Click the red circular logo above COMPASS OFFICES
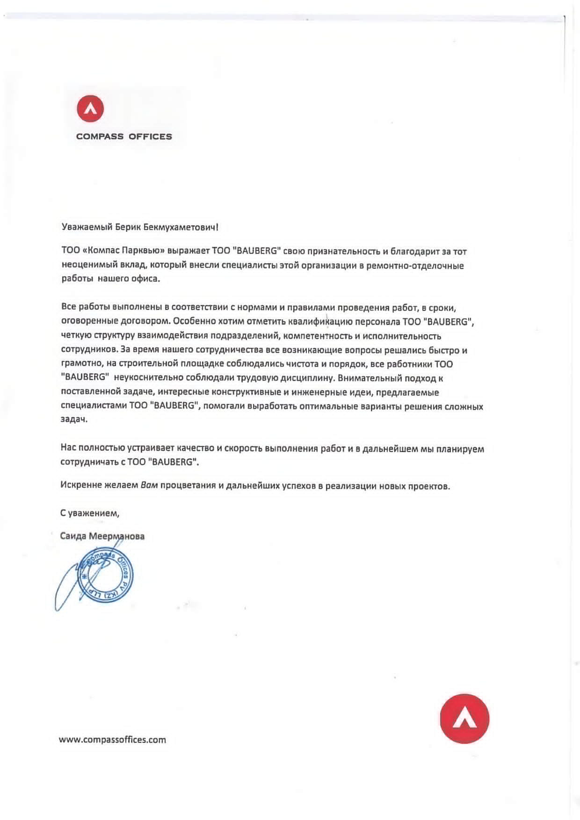pos(90,108)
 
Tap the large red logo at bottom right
pos(464,719)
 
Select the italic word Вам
pos(149,485)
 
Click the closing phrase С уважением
pos(90,513)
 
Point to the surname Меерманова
pos(116,536)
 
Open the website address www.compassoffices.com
pos(112,740)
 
